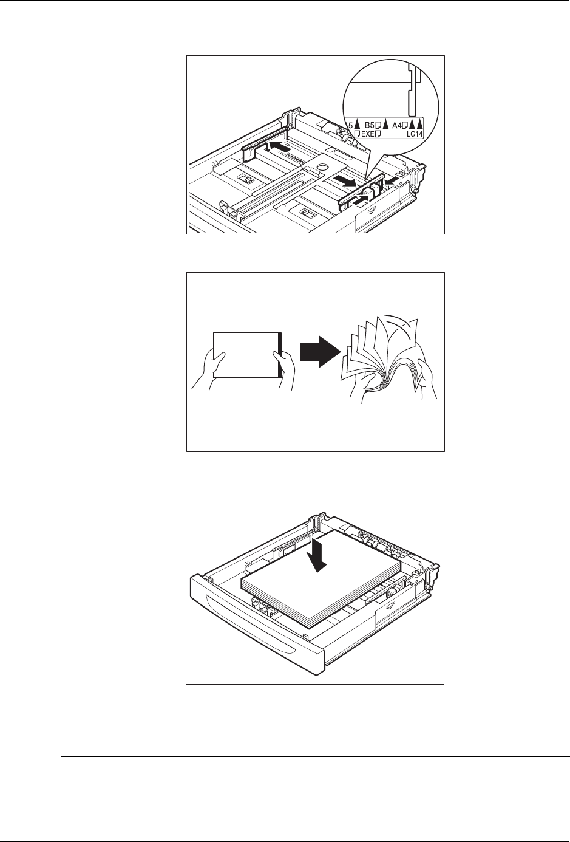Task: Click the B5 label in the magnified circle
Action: (370, 126)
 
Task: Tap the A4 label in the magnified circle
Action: (397, 126)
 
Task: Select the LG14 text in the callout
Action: (414, 134)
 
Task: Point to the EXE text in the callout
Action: (368, 134)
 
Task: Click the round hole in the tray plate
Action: (322, 166)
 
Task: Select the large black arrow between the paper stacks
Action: (320, 352)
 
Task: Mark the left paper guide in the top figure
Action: (265, 143)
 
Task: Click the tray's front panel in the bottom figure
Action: (256, 621)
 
